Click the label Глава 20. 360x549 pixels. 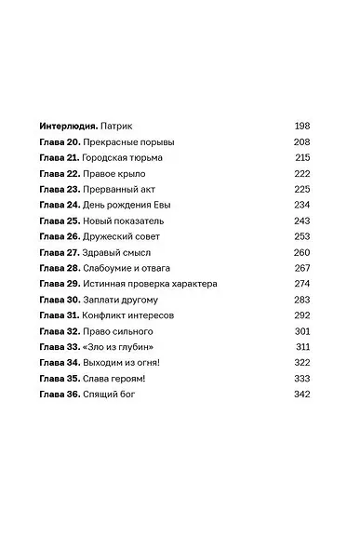point(58,141)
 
